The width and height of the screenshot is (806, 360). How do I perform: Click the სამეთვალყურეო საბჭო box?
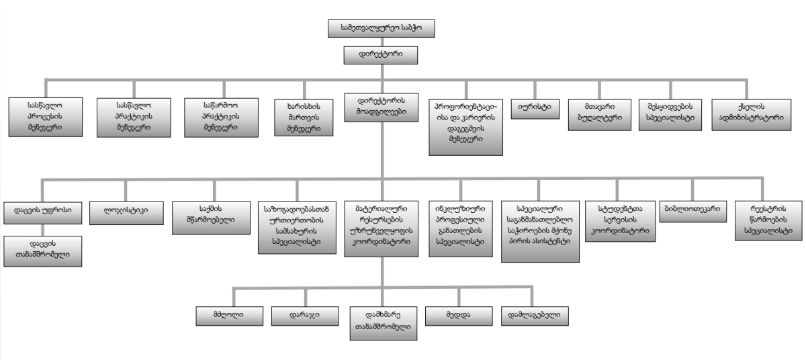(x=381, y=29)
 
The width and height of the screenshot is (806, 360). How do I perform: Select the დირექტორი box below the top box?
(x=381, y=53)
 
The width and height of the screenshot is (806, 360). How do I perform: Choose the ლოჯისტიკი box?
(x=126, y=209)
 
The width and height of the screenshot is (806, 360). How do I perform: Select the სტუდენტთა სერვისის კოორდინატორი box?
(x=619, y=220)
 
